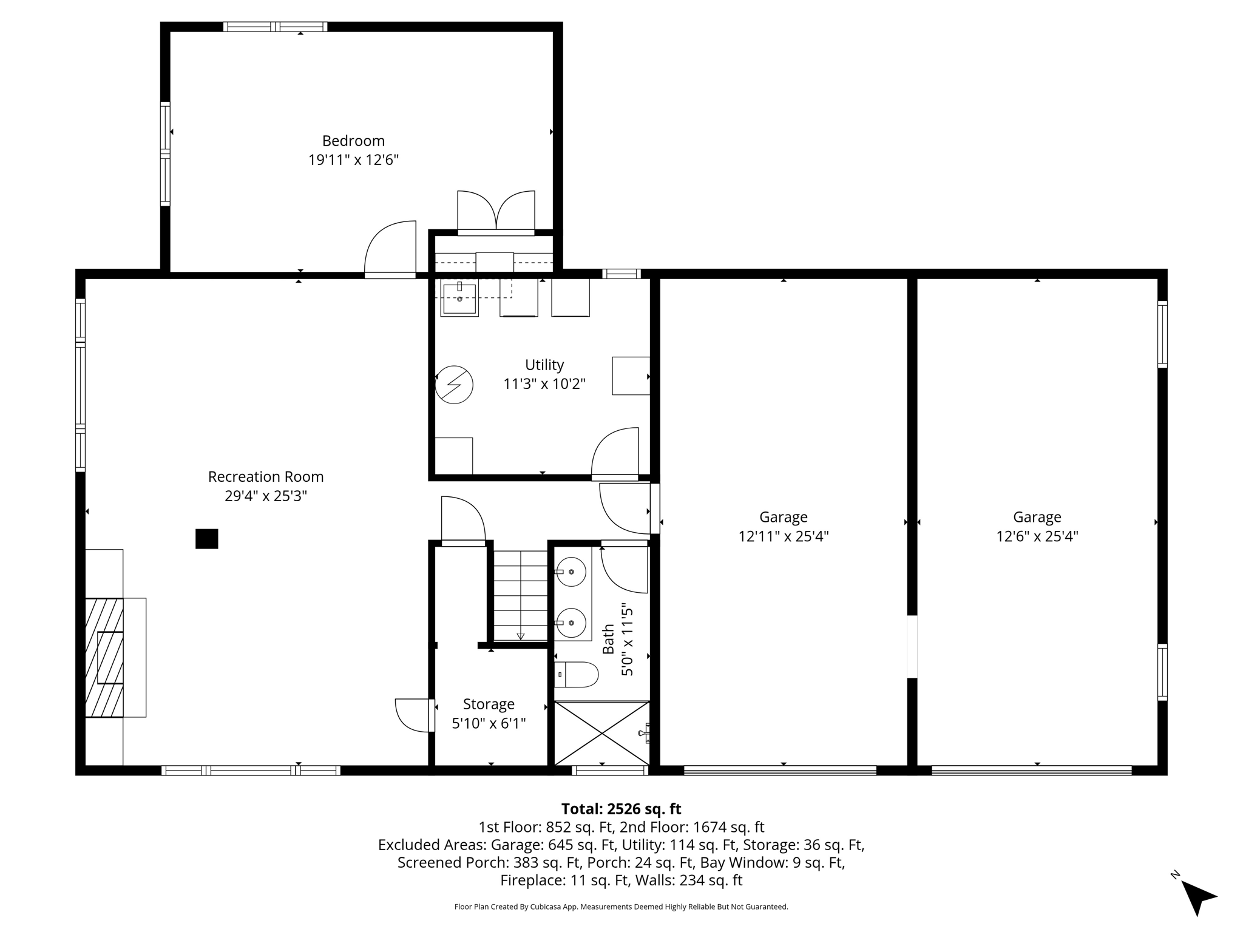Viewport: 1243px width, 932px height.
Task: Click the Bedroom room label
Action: [x=353, y=141]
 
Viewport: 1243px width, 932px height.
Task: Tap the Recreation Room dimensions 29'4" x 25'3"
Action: [x=266, y=496]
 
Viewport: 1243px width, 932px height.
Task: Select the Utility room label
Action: [x=544, y=365]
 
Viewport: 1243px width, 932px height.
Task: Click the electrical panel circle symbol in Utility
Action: [x=454, y=385]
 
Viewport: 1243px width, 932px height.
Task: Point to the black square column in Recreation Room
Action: [x=206, y=539]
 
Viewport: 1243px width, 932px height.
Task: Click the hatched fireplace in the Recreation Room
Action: [x=104, y=657]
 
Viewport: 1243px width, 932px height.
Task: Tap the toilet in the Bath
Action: [x=577, y=674]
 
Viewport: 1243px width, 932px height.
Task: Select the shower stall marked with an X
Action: [x=601, y=733]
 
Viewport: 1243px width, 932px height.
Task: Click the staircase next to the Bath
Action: [x=521, y=595]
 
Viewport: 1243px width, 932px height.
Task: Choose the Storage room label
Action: [x=489, y=704]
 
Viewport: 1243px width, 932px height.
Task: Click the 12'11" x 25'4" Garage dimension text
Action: [x=784, y=536]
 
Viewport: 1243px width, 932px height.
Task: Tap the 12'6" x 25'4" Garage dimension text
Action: [x=1037, y=536]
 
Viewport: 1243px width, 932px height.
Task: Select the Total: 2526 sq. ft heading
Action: [x=621, y=809]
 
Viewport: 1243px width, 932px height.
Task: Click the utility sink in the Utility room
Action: [x=459, y=298]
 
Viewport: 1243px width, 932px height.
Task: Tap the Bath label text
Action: [x=609, y=640]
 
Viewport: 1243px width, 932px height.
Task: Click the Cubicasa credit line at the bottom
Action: [x=621, y=907]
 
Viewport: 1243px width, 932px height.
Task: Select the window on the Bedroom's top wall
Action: [x=275, y=27]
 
